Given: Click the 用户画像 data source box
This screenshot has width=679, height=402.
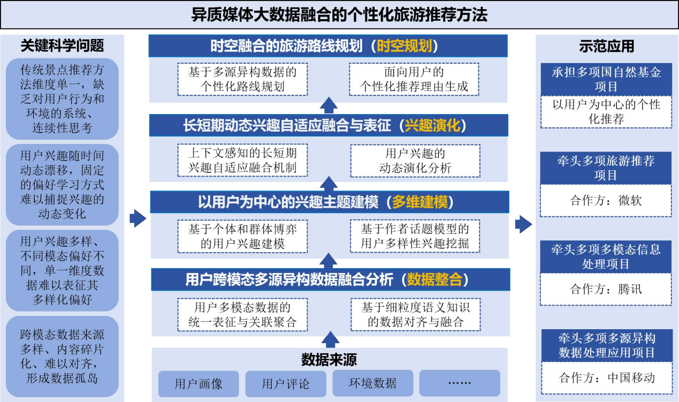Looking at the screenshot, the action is pos(199,383).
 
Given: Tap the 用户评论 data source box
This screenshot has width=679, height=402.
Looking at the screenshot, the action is pos(286,383).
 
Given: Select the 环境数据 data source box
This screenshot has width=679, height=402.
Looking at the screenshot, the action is pos(373,383).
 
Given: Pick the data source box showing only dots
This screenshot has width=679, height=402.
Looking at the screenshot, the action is pos(460,383).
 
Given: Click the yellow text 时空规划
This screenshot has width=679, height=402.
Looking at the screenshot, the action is pos(405,46).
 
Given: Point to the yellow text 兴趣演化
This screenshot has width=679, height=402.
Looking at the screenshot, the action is pos(432,125).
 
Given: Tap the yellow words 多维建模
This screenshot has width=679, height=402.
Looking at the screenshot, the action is pos(420,202).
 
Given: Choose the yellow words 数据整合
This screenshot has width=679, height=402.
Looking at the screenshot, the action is pos(434,279).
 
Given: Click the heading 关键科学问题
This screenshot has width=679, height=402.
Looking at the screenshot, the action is pos(62,46).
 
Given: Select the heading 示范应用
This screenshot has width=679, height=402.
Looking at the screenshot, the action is pos(607,47).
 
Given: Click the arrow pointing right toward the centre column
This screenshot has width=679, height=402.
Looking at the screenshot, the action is pos(138,218).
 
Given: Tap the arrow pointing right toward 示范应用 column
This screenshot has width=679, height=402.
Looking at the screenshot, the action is pos(523,224).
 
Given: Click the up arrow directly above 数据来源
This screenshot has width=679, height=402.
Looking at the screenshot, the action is pos(330,339).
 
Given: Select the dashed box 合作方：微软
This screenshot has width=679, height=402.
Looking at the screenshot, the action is pos(606,200).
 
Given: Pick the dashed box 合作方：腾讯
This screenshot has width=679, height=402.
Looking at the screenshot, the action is pos(606,289).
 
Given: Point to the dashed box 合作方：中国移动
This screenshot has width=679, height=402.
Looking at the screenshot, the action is pos(607,378).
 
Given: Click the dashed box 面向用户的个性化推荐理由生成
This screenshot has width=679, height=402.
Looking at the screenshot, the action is pos(414,79).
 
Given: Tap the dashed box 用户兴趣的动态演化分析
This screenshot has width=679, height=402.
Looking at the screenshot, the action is pos(415,161).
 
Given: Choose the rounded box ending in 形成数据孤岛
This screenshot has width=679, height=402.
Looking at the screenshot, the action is pos(62,357).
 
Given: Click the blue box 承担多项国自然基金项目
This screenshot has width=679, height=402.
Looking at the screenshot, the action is pos(606,79).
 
